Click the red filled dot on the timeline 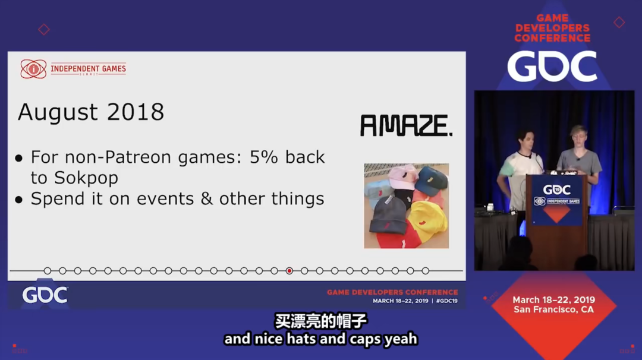pos(289,271)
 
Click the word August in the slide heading pos(58,112)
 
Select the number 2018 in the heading pos(136,112)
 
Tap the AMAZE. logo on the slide pos(406,125)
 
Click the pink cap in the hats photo pos(402,176)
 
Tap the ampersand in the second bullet pos(206,199)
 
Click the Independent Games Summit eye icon pos(33,69)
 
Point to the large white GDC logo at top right pos(552,67)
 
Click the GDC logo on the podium pos(556,190)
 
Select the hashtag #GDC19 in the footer pos(446,301)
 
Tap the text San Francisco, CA pos(553,310)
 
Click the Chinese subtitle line pos(320,321)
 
